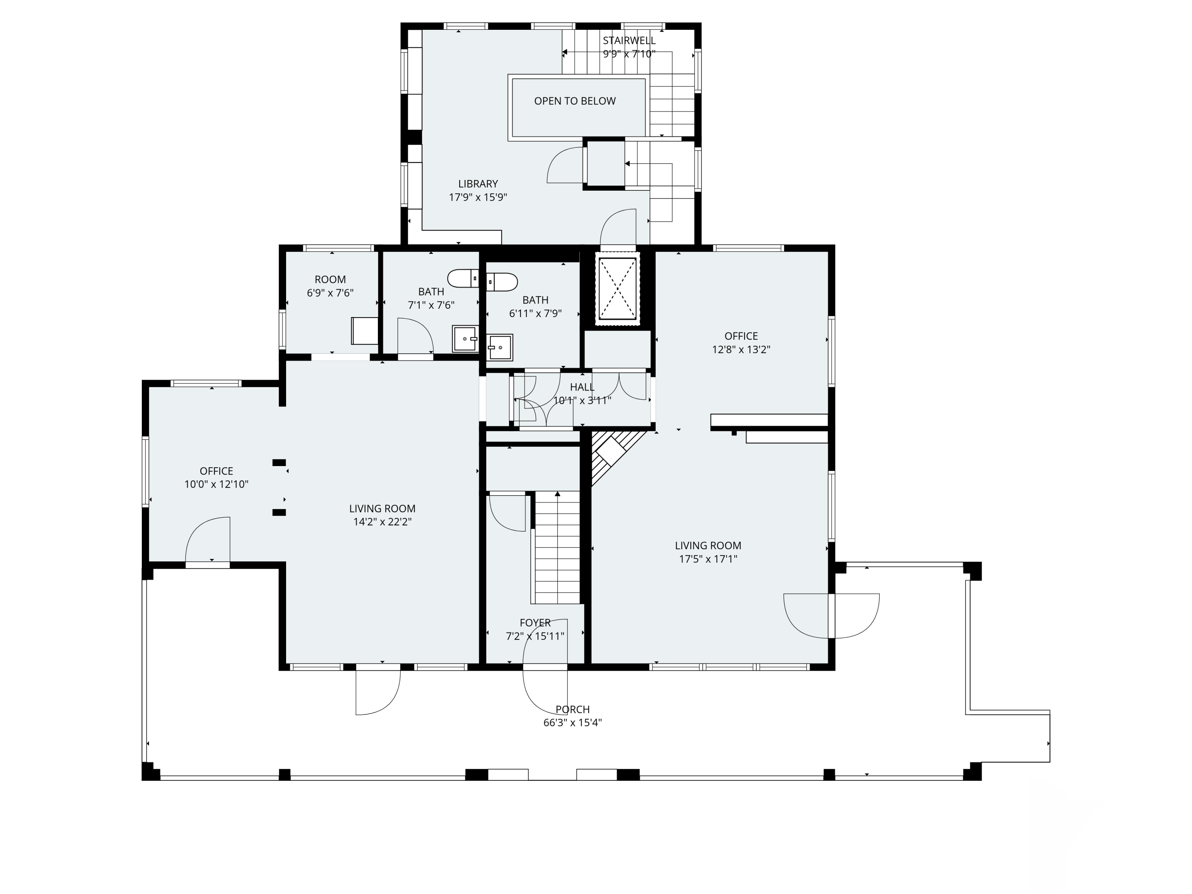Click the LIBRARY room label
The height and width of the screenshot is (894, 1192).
tap(478, 184)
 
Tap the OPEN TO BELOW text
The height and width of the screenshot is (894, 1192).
tap(575, 101)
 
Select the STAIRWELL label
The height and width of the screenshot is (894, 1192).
tap(629, 41)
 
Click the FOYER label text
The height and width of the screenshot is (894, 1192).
tap(535, 622)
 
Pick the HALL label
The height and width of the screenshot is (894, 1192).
tap(582, 387)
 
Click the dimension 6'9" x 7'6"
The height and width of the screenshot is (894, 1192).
tap(330, 292)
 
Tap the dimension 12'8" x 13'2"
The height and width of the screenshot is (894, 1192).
tap(741, 349)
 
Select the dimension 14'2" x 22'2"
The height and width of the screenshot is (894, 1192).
tap(383, 522)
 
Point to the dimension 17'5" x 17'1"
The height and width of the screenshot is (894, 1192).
tap(708, 559)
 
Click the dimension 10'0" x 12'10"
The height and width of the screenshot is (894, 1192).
tap(217, 484)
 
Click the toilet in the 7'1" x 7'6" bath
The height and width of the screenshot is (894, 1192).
tap(463, 278)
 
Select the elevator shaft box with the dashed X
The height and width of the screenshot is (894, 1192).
tap(617, 289)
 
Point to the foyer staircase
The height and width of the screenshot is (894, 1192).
tap(557, 548)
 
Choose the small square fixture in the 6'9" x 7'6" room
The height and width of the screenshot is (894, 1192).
tap(365, 330)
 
